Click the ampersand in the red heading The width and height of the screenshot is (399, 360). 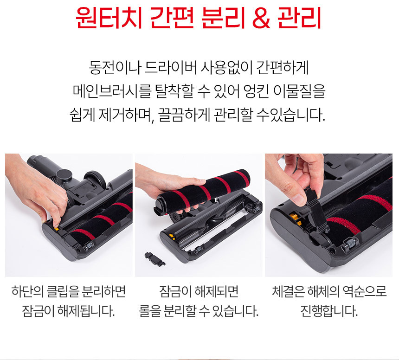(261, 18)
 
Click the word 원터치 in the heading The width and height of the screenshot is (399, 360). (109, 18)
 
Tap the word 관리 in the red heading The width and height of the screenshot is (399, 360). (300, 18)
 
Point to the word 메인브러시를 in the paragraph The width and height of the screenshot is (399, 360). (112, 91)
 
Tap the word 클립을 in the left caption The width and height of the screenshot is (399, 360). (63, 291)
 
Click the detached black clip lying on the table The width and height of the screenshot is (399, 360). (154, 259)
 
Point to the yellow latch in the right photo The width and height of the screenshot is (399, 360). (296, 219)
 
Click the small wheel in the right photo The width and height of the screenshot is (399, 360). (349, 244)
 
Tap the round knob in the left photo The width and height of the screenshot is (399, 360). (64, 175)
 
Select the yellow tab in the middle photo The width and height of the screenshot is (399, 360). (172, 236)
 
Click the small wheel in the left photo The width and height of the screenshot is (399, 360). (89, 246)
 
